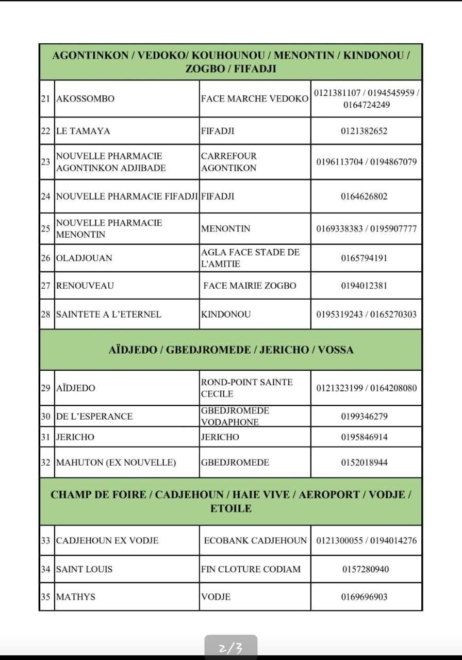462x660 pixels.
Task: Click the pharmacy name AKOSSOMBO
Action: pyautogui.click(x=85, y=98)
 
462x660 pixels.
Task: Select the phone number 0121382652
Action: pyautogui.click(x=364, y=131)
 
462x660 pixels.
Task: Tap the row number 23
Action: pyautogui.click(x=45, y=161)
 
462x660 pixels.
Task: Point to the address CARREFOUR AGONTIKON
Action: pyautogui.click(x=228, y=162)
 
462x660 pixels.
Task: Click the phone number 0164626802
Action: pyautogui.click(x=364, y=196)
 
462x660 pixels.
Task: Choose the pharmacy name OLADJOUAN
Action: pyautogui.click(x=84, y=258)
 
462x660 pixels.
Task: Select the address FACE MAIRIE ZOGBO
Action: pyautogui.click(x=250, y=286)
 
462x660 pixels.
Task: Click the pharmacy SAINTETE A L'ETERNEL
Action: pyautogui.click(x=108, y=314)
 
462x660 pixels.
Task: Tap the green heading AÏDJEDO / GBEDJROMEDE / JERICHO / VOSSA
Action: pyautogui.click(x=231, y=350)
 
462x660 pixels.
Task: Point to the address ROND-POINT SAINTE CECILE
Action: pyautogui.click(x=246, y=388)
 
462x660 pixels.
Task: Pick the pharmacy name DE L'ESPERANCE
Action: pyautogui.click(x=94, y=416)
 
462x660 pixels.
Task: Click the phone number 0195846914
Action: pyautogui.click(x=364, y=437)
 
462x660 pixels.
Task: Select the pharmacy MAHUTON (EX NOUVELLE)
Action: pyautogui.click(x=115, y=463)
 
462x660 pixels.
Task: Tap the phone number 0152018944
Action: pyautogui.click(x=364, y=463)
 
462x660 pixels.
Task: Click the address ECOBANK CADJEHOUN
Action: pyautogui.click(x=255, y=541)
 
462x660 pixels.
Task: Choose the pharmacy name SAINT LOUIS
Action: pyautogui.click(x=84, y=569)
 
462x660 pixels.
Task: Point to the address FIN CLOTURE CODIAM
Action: pyautogui.click(x=251, y=569)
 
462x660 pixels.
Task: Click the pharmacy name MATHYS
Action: pyautogui.click(x=75, y=597)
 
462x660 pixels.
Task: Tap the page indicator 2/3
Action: pyautogui.click(x=230, y=647)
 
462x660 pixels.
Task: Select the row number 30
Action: pyautogui.click(x=45, y=416)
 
